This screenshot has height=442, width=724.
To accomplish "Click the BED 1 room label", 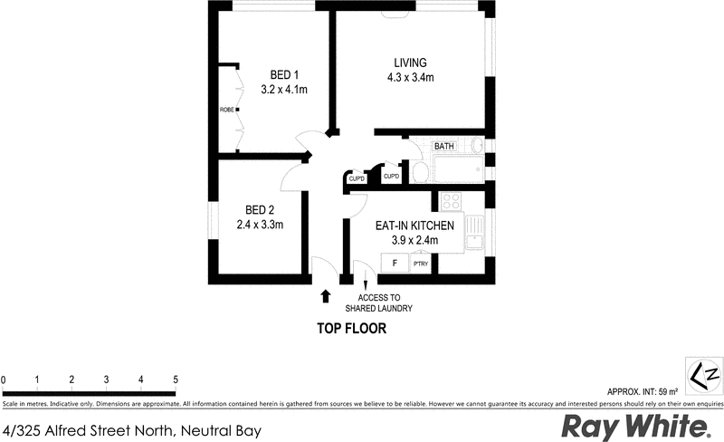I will point(284,74).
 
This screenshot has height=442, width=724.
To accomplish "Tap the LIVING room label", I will point(409,62).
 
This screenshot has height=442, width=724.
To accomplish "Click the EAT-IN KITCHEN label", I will point(414,225).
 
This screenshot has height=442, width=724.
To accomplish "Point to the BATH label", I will point(443,147).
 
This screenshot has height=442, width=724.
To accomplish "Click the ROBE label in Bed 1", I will point(226,110).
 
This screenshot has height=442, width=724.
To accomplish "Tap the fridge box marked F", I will point(394,263).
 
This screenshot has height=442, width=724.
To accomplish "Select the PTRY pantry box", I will point(421,264).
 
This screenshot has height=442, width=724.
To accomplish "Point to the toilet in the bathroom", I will point(420,171).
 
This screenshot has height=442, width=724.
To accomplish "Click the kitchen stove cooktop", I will point(450,202).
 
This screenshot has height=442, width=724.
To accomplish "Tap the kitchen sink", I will point(475,237).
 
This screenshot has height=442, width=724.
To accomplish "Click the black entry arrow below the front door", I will point(326,294).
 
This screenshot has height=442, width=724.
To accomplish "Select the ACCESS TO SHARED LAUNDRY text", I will point(386,303).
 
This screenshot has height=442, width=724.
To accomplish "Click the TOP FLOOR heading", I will point(351,329).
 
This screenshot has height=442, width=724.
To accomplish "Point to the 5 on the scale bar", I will point(176,379).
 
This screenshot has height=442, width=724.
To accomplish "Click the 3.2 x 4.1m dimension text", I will point(284,90).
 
